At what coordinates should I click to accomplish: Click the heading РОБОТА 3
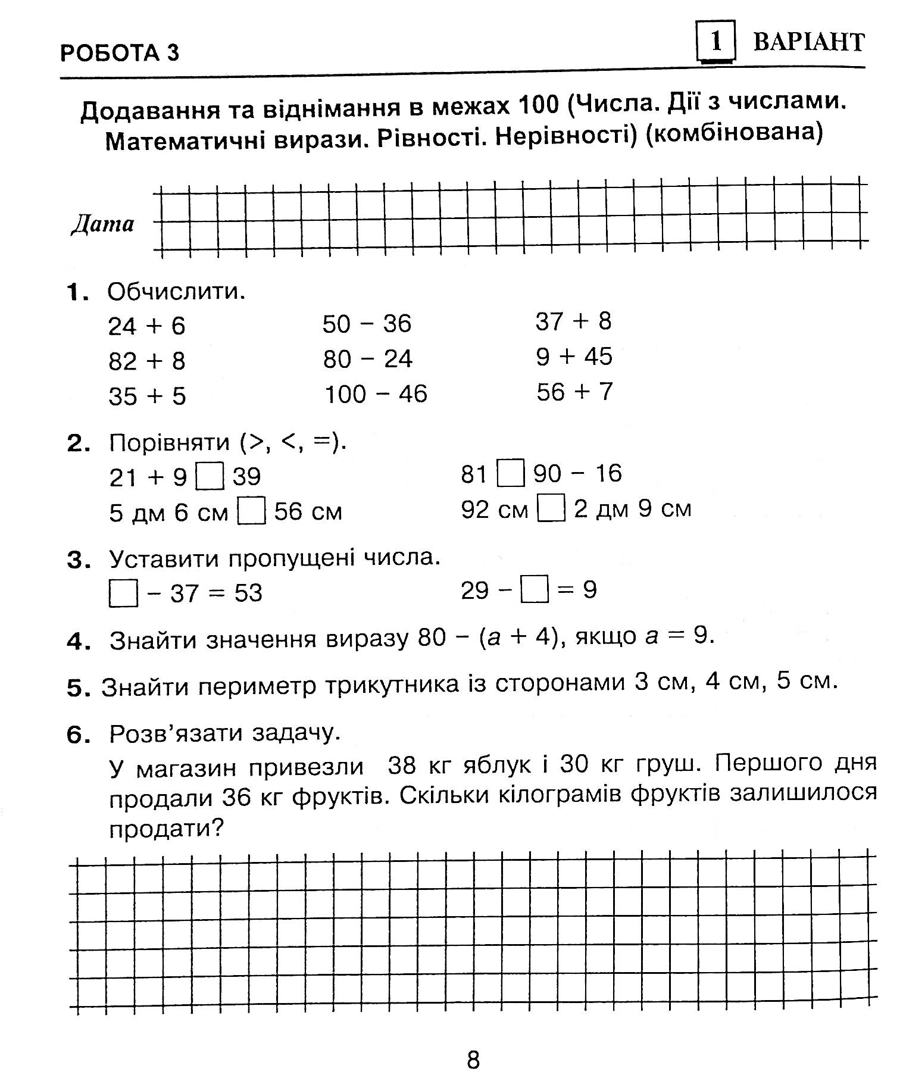click(119, 54)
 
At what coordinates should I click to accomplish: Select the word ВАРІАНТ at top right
click(808, 42)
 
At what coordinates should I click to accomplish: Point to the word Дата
click(103, 224)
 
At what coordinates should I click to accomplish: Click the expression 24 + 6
click(146, 326)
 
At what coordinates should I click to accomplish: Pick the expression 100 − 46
click(375, 394)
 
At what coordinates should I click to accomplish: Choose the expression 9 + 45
click(574, 357)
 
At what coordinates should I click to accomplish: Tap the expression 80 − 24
click(367, 359)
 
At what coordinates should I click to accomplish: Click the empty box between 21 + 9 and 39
click(210, 477)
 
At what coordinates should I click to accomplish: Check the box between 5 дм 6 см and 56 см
click(251, 512)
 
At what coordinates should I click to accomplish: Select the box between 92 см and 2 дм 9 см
click(551, 510)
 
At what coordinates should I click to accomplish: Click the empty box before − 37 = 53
click(123, 593)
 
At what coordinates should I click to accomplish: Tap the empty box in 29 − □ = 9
click(534, 591)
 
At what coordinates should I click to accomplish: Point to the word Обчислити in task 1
click(176, 292)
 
